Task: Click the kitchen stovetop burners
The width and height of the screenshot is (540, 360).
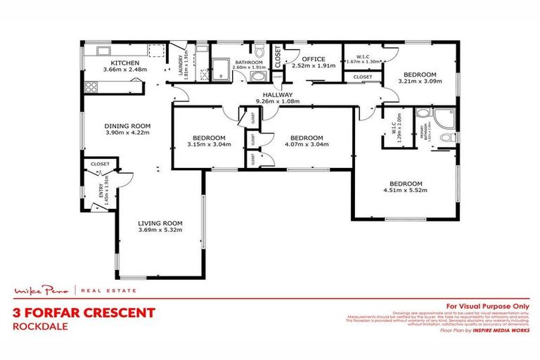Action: tap(90, 87)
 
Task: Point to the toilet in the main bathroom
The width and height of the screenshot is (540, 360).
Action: tap(259, 51)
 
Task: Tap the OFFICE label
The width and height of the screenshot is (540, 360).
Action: tap(314, 59)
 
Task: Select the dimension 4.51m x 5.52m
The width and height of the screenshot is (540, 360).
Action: tap(406, 190)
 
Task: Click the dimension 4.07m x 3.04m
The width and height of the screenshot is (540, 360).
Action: tap(306, 145)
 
